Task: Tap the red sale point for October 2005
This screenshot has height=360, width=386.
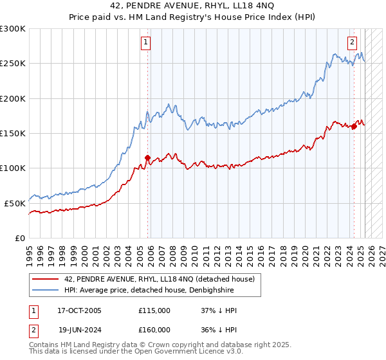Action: [x=147, y=157]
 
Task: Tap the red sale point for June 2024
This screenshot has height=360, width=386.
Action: [x=354, y=127]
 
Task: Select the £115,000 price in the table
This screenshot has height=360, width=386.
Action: [x=154, y=310]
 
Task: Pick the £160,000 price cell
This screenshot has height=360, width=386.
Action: [x=154, y=330]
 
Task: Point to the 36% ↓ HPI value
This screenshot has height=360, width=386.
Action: [x=219, y=330]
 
